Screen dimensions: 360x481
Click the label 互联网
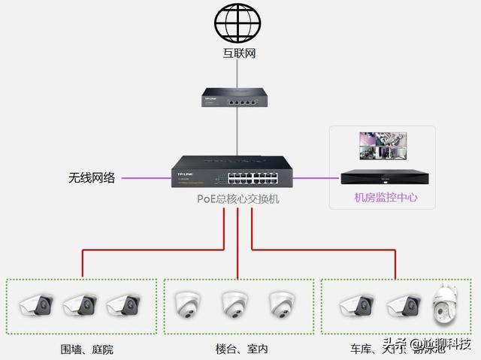point(237,54)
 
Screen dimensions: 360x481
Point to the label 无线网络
point(92,178)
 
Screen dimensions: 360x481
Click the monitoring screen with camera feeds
point(383,146)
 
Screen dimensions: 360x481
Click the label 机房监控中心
point(386,198)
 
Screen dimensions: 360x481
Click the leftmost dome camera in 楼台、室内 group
point(186,303)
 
